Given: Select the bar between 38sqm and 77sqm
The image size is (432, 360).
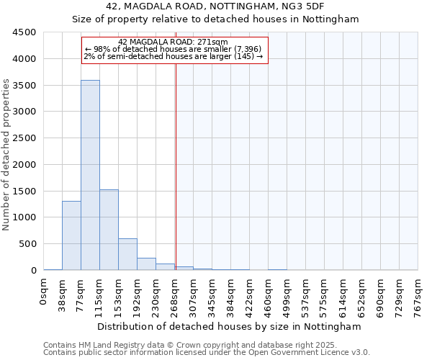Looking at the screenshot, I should (x=71, y=235).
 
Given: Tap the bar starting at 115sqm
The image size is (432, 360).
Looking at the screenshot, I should (x=109, y=230).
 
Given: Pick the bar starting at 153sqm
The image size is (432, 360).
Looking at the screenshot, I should (x=127, y=254).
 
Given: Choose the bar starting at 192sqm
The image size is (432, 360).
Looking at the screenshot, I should (x=146, y=264).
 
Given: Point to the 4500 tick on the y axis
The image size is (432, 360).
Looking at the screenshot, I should (x=25, y=32).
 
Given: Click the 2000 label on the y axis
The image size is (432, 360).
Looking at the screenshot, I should (x=25, y=165).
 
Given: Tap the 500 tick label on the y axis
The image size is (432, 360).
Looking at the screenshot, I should (x=28, y=244).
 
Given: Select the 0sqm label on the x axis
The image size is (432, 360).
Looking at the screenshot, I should (x=44, y=291).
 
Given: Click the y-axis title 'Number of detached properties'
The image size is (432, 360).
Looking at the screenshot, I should (x=7, y=155).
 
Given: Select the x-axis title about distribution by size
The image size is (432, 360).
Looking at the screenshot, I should (x=230, y=326).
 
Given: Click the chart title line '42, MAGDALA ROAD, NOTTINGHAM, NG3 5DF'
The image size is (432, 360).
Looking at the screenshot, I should (x=215, y=6).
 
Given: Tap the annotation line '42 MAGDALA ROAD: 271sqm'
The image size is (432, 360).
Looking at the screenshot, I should (x=173, y=42).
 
